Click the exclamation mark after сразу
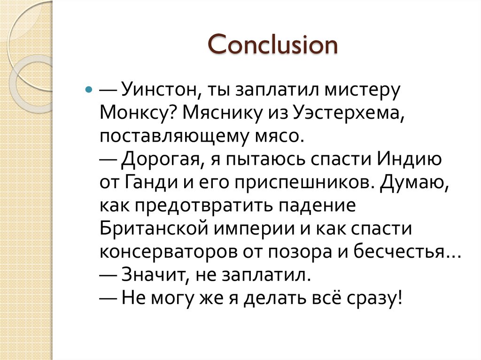coord(399,298)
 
